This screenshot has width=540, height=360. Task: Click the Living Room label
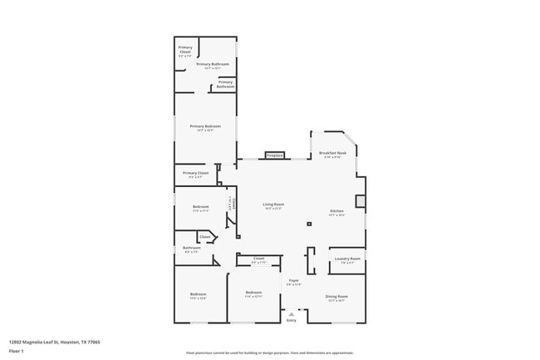pos(273,205)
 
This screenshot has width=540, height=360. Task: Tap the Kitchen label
pos(336,211)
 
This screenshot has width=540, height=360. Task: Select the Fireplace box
pos(274,155)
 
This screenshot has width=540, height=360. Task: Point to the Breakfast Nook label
pos(332,154)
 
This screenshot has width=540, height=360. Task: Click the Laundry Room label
pos(347,259)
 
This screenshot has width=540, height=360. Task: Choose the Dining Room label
pos(336,296)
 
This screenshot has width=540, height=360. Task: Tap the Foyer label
pos(294,281)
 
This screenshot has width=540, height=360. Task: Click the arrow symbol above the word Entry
pos(291,313)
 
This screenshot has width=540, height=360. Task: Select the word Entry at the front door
pos(291,320)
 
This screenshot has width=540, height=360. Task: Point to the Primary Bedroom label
pos(204,126)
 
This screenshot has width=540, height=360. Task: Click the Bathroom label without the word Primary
pos(192,248)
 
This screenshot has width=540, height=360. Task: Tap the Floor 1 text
pos(17,351)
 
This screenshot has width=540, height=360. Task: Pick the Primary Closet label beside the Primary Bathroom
pos(185,49)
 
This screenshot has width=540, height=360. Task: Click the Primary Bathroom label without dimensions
pos(225,83)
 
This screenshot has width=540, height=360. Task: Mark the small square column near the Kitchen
pos(308,224)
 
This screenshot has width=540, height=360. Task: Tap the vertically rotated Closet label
pos(234,202)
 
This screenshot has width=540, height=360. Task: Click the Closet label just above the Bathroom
pos(204,237)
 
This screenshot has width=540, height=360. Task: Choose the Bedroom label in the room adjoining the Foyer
pos(253,293)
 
